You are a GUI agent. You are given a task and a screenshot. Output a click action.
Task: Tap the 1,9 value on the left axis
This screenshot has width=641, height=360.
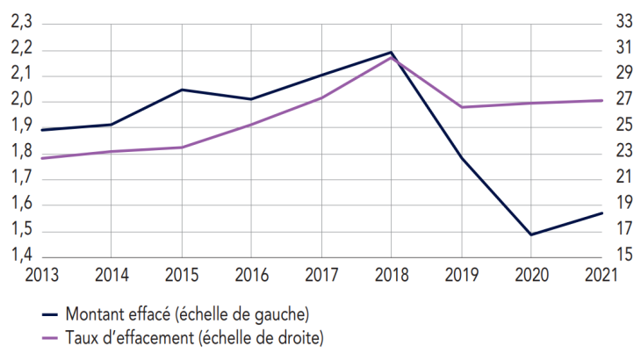click(x=20, y=126)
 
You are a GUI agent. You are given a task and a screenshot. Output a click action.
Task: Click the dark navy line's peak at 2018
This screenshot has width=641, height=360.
click(x=391, y=53)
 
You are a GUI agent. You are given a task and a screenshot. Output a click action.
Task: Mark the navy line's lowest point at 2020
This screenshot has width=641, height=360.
click(x=530, y=234)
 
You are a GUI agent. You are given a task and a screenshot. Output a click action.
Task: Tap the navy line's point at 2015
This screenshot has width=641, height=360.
click(x=181, y=90)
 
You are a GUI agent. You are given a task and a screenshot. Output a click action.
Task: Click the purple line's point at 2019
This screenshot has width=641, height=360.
click(x=461, y=107)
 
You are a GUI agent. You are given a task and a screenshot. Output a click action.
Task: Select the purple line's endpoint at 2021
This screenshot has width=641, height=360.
click(x=601, y=100)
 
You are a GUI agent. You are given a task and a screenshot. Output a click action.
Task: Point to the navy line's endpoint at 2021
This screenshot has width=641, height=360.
click(x=601, y=212)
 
